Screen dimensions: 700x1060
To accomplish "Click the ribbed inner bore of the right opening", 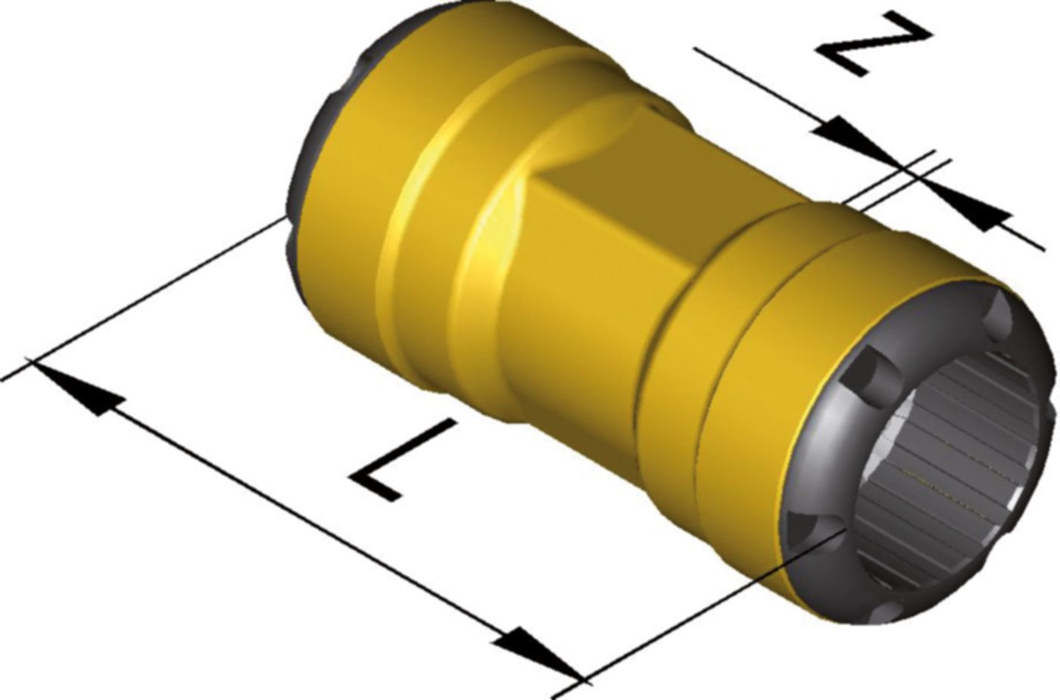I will (954, 462).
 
